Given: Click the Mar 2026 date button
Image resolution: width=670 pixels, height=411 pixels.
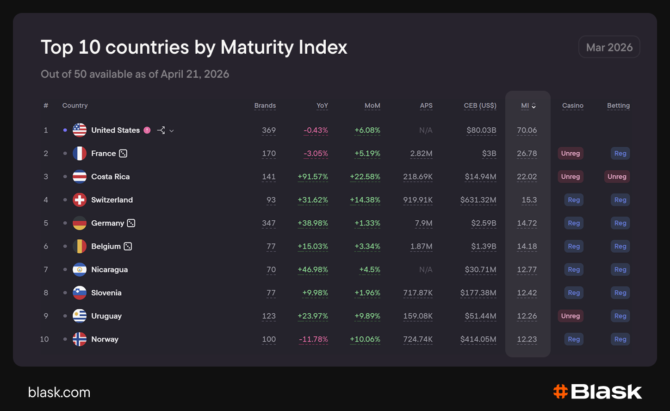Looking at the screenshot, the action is [609, 47].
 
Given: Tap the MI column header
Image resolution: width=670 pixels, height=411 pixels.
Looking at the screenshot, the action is [525, 106].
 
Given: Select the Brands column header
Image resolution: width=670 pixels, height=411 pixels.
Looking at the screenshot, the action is [265, 106].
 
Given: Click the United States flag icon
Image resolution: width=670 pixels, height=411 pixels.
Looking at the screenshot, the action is [80, 130].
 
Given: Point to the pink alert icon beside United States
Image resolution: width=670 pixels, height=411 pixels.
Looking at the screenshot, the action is [147, 130].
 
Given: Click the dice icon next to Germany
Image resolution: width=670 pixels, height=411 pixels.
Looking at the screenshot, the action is [131, 223].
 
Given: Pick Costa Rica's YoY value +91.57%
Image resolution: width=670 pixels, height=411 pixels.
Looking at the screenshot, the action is [313, 177].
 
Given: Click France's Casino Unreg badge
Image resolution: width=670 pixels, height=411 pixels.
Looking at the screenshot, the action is [571, 154].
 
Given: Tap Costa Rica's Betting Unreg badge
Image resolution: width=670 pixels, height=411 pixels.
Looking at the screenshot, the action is [617, 177].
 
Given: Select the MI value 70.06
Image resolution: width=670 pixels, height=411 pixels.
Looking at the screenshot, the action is [527, 130].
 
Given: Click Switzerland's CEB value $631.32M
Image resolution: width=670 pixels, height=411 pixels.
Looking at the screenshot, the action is [478, 200].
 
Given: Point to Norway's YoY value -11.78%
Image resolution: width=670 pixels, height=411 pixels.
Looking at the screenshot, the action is [313, 339].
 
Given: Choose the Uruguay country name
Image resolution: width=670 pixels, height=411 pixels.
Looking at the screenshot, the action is [106, 316].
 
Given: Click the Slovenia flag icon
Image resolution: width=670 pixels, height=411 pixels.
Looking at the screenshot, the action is [80, 293].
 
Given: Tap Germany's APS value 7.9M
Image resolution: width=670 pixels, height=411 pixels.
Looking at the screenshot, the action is [423, 223].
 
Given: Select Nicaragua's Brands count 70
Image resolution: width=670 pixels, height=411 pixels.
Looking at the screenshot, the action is [271, 269].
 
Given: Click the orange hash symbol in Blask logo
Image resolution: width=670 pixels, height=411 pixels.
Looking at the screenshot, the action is [560, 392].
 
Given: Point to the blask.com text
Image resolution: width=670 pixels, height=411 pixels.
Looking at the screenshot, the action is [59, 392].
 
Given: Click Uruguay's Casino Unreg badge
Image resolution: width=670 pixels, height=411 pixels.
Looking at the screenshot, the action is [571, 316].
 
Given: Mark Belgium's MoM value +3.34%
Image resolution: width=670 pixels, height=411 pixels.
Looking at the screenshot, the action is [367, 247].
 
